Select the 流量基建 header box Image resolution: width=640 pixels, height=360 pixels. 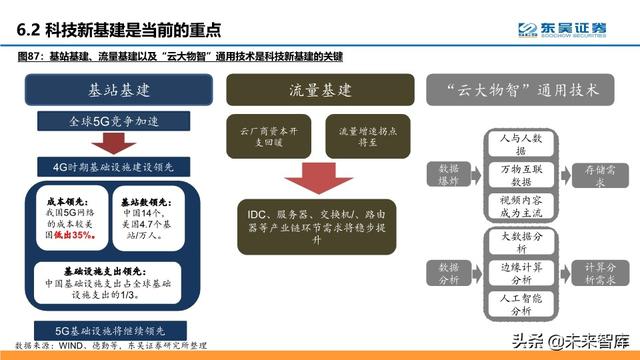pyautogui.click(x=317, y=91)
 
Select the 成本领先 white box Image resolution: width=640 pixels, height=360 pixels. pyautogui.click(x=73, y=214)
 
